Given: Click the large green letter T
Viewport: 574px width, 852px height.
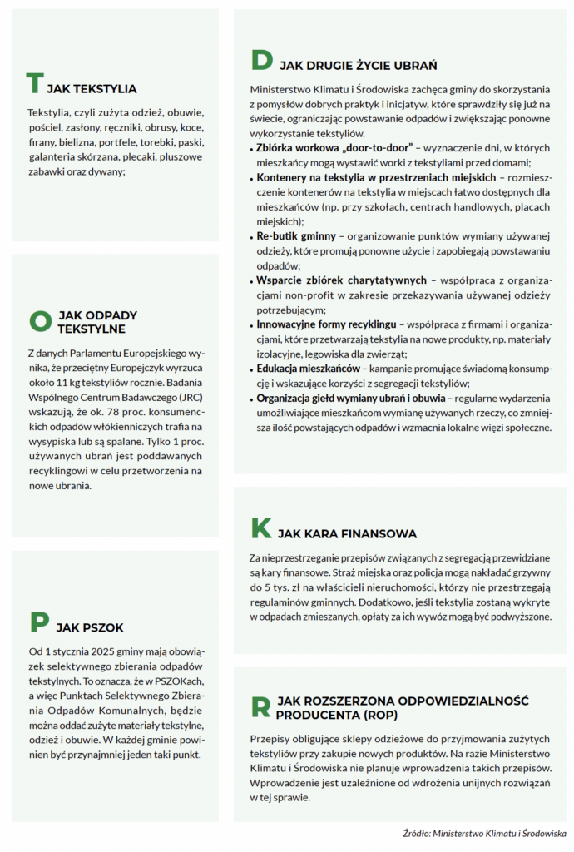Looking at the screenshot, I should pos(34,84).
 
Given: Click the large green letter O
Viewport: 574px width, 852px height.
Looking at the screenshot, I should pos(40,320).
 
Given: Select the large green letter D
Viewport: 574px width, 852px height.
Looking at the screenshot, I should pos(262,61).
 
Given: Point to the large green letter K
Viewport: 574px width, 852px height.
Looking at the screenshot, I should pos(261,528).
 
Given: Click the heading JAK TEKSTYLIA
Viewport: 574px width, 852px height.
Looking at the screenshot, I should pos(92,89).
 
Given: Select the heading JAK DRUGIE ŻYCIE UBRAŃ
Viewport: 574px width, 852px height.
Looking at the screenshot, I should pos(359,65).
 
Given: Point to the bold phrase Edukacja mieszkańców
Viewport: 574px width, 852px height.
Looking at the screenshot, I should pos(308,368).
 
